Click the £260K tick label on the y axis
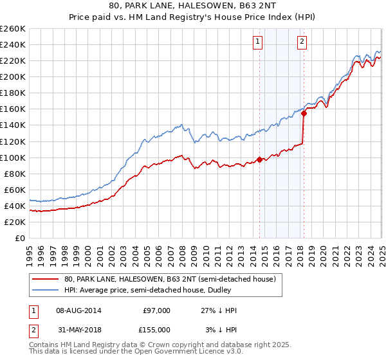pyautogui.click(x=13, y=28)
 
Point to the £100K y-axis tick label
pyautogui.click(x=13, y=157)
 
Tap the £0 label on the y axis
pyautogui.click(x=20, y=238)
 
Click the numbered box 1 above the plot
pyautogui.click(x=257, y=42)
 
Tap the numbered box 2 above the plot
pyautogui.click(x=302, y=42)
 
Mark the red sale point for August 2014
pyautogui.click(x=260, y=159)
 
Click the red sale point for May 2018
pyautogui.click(x=304, y=113)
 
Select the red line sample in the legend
pyautogui.click(x=45, y=279)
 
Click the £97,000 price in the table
pyautogui.click(x=156, y=310)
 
